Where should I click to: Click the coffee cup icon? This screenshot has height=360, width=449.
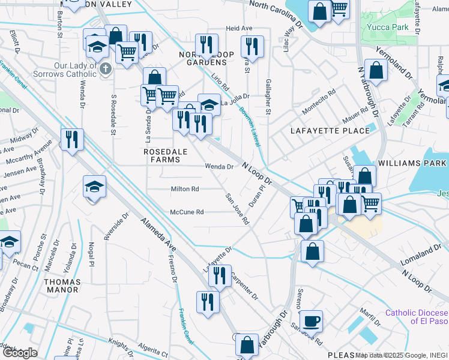pos(311,321)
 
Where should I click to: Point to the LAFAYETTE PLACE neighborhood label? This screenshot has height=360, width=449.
pos(321,131)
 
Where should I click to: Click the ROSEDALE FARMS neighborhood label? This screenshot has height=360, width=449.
pos(161,155)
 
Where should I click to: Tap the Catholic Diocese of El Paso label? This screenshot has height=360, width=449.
pos(417,316)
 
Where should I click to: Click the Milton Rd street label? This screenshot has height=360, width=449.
pos(184,188)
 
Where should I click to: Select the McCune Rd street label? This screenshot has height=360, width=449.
pos(187,212)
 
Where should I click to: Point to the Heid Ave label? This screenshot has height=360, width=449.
pos(239,28)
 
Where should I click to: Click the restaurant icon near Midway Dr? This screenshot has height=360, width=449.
pos(72,140)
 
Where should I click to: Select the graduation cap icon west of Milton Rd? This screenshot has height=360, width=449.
pos(95,187)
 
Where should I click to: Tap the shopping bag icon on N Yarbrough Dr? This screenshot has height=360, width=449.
pos(376,70)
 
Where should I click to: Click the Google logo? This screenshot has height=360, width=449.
pos(20,353)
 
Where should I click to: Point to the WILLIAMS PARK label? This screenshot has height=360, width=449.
pos(412,163)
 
